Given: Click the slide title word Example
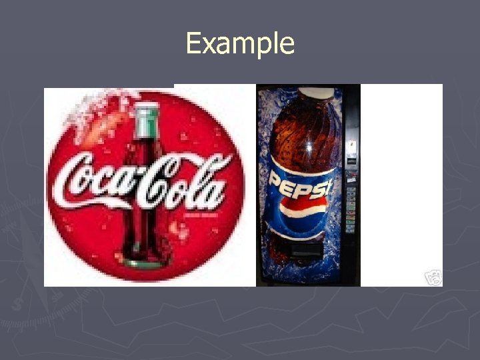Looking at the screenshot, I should pos(240,44).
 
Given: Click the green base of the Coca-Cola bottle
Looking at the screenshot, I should pos(143,263).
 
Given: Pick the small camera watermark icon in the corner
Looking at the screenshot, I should pos(433,278).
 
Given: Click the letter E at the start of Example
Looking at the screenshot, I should pos(193,45).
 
